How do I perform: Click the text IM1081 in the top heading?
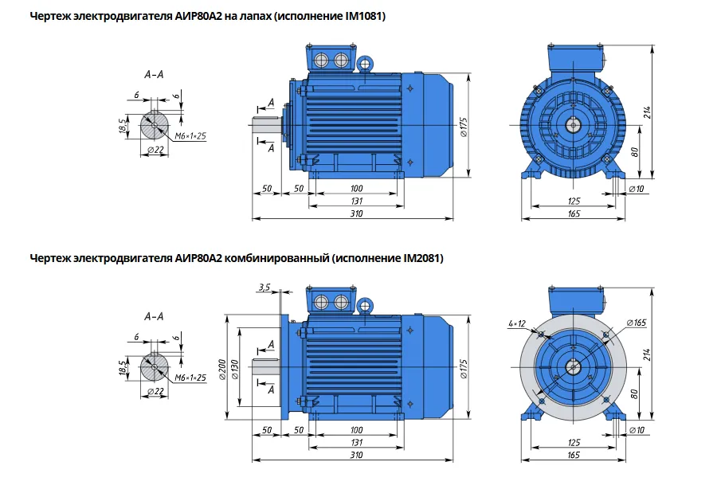tap(364, 17)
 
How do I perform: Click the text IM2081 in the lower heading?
tap(421, 259)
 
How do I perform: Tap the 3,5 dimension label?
tap(264, 288)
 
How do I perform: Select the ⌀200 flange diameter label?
tap(222, 369)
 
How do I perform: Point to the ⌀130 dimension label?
tap(234, 370)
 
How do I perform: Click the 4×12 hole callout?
tap(517, 323)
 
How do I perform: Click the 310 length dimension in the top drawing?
tap(356, 213)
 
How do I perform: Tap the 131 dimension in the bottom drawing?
tap(356, 443)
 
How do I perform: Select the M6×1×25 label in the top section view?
tap(190, 135)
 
